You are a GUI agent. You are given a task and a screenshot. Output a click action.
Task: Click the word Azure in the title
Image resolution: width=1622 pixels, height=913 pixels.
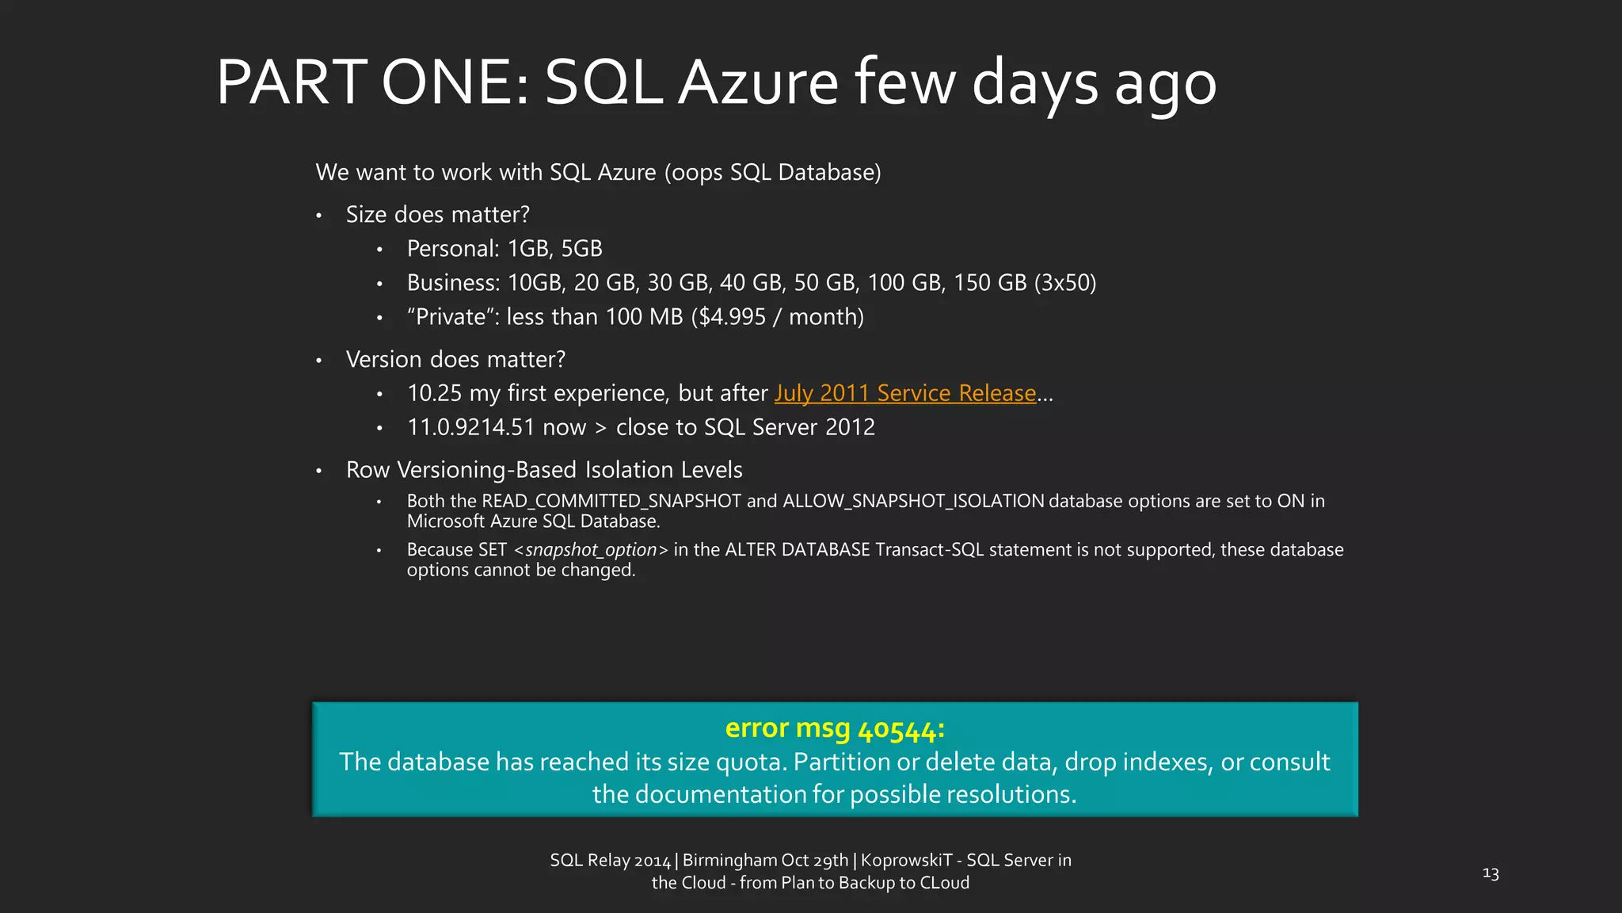coord(758,82)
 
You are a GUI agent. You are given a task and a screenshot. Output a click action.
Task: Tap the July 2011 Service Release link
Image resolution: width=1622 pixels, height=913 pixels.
coord(905,393)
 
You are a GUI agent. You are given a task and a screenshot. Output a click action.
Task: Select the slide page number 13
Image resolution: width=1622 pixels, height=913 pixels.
coord(1491,873)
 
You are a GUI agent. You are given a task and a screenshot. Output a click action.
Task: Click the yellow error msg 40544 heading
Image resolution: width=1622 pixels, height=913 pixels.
coord(835,728)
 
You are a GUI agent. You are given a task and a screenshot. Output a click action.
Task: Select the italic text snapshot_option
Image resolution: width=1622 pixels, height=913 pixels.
coord(591,550)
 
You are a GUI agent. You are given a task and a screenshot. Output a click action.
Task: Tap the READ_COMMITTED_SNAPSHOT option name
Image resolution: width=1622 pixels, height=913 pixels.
coord(611,501)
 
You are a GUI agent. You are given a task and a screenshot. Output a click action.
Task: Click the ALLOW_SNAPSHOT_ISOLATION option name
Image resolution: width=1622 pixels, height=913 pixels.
coord(913,501)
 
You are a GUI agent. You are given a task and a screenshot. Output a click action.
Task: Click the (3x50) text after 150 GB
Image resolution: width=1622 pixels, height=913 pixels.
coord(1064,283)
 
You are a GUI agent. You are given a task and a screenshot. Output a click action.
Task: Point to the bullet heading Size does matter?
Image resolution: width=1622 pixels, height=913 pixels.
coord(437,215)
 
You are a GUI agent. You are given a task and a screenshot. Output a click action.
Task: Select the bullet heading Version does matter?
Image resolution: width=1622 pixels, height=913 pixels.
coord(455,360)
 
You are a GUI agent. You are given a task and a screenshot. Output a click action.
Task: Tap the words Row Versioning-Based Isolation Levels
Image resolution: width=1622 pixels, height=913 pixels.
coord(544,470)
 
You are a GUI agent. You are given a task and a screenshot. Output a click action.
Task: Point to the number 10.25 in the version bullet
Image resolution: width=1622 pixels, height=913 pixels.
coord(434,393)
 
